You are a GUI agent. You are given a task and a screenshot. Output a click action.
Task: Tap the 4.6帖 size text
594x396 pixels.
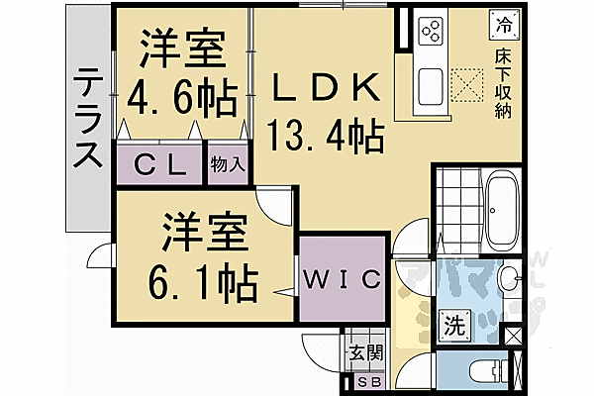[181, 99]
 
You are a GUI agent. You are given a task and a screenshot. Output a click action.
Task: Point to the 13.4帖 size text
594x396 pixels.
[325, 136]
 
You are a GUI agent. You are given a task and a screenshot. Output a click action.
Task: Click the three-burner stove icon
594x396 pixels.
[432, 32]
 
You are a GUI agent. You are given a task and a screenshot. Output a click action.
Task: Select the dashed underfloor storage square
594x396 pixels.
[464, 84]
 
